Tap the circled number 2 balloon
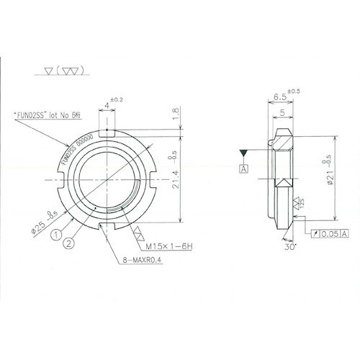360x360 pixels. click(x=68, y=242)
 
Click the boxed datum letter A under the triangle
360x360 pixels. click(x=245, y=168)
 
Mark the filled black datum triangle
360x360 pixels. click(x=245, y=153)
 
